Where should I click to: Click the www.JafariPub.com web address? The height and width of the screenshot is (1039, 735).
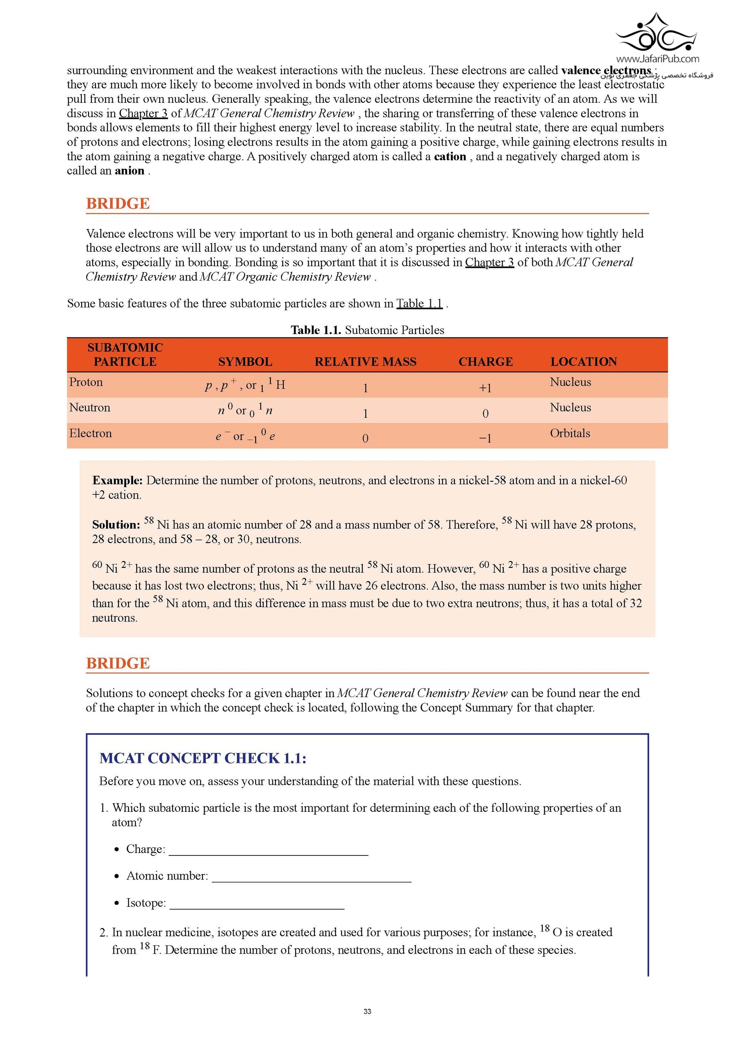click(657, 59)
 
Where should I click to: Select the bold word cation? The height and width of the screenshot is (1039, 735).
click(450, 157)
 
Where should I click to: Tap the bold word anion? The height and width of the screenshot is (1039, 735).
click(129, 171)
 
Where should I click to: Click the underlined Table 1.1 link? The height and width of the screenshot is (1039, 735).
click(419, 303)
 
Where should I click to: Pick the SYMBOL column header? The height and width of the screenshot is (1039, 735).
click(245, 361)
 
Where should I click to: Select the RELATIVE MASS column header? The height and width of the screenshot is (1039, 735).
click(365, 361)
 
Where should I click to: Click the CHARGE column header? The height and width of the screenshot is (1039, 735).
click(486, 361)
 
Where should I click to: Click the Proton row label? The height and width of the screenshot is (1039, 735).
click(86, 382)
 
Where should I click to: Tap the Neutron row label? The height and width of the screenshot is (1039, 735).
click(90, 408)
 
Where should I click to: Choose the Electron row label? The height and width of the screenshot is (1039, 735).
click(91, 433)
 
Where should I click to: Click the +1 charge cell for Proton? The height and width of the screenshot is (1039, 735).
click(486, 388)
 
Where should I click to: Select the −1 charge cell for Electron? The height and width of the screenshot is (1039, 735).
click(486, 438)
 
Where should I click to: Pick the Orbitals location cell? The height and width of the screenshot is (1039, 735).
click(570, 433)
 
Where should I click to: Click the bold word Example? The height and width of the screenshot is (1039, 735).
click(117, 481)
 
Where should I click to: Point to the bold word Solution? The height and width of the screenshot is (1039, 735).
click(116, 525)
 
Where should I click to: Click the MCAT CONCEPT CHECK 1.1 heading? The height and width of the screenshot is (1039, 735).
click(203, 758)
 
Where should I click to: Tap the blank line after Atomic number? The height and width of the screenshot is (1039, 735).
click(311, 877)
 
